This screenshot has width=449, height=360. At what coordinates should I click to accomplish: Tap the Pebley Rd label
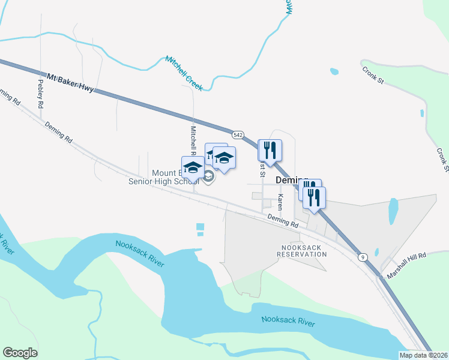pos(41,94)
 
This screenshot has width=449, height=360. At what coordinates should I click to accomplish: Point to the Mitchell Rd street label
pos(193,139)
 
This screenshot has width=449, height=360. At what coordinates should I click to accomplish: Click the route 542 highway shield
pos(238,135)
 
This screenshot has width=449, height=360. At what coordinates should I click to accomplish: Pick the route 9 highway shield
pos(362,257)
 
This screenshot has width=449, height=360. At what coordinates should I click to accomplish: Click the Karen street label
pos(280,201)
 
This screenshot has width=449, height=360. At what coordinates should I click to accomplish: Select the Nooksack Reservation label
pos(302,251)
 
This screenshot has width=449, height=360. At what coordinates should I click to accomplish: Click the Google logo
pos(20,353)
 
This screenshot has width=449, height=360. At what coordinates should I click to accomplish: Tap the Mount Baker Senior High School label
pos(161,178)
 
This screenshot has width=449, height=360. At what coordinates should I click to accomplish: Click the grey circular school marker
pos(208,176)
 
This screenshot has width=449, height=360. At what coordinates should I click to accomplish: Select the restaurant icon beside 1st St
pos(270,149)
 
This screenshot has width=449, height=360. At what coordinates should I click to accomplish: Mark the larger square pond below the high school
pos(200,226)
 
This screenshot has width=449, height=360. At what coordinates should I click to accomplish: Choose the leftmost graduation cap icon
pos(193,167)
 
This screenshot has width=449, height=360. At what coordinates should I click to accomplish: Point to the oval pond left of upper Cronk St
pos(334,71)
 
